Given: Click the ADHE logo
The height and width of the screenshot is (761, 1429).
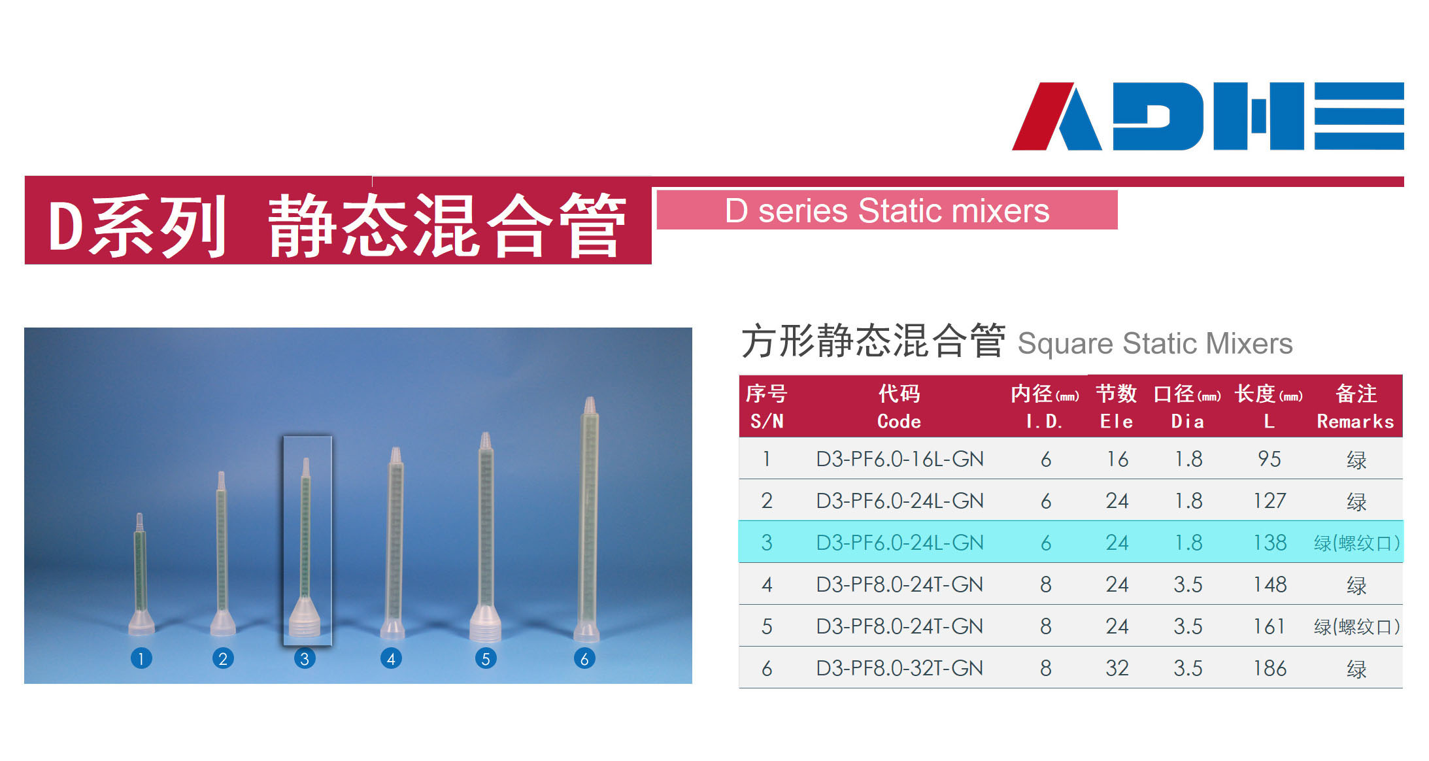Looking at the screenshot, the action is (1207, 116).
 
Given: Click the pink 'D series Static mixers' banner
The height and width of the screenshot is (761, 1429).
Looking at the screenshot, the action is (887, 210).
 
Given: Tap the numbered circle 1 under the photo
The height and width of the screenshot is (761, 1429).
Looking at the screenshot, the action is (141, 658).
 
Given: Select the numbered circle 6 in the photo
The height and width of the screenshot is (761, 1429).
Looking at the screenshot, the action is (584, 658).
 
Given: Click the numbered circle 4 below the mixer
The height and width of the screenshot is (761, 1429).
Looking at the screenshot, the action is (391, 658).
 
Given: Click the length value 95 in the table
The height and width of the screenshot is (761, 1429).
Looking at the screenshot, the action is (1269, 459).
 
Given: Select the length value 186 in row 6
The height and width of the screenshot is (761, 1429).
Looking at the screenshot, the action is (1270, 668).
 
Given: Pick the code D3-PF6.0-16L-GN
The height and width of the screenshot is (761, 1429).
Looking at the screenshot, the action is (899, 459).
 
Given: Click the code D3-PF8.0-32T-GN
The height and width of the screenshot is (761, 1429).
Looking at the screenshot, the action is (899, 668).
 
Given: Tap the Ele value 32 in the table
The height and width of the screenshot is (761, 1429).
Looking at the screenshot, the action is (1117, 668).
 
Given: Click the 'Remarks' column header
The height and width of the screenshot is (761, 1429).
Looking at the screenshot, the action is (1355, 422).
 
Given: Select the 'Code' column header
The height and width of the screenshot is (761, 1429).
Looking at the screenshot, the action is (899, 422).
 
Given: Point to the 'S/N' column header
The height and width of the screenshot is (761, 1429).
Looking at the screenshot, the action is (767, 422).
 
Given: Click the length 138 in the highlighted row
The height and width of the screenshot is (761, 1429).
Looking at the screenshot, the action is (1270, 543).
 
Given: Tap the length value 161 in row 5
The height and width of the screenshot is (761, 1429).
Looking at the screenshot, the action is (1269, 626).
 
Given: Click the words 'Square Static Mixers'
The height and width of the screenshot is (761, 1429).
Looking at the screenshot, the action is (1155, 343).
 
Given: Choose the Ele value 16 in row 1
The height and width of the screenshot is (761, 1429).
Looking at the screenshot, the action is (1117, 459).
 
